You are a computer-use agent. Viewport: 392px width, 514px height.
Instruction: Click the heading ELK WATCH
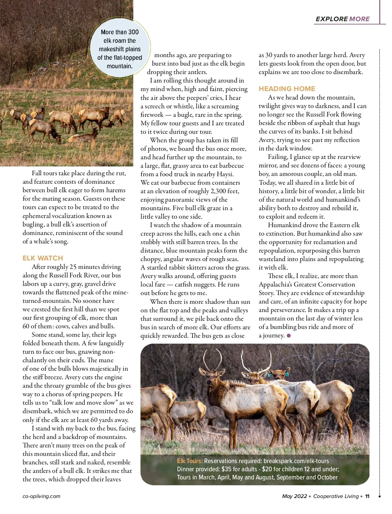pyautogui.click(x=42, y=258)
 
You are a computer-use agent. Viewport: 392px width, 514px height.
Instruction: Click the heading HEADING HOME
pyautogui.click(x=287, y=89)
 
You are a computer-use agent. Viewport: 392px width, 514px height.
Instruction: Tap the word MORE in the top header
pyautogui.click(x=359, y=19)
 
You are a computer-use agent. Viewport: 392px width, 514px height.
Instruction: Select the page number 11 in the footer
pyautogui.click(x=367, y=496)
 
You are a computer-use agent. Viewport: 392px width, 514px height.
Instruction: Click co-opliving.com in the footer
pyautogui.click(x=41, y=496)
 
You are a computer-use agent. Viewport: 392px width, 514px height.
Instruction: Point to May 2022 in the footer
pyautogui.click(x=294, y=496)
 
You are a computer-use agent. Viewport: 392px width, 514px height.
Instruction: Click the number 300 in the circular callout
pyautogui.click(x=133, y=32)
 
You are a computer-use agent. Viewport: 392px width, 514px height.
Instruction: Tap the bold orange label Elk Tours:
pyautogui.click(x=190, y=461)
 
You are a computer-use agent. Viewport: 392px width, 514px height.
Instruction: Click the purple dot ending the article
pyautogui.click(x=288, y=335)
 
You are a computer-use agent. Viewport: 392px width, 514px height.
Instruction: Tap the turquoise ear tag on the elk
pyautogui.click(x=287, y=374)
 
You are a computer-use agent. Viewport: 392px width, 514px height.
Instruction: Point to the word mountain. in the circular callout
pyautogui.click(x=120, y=66)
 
